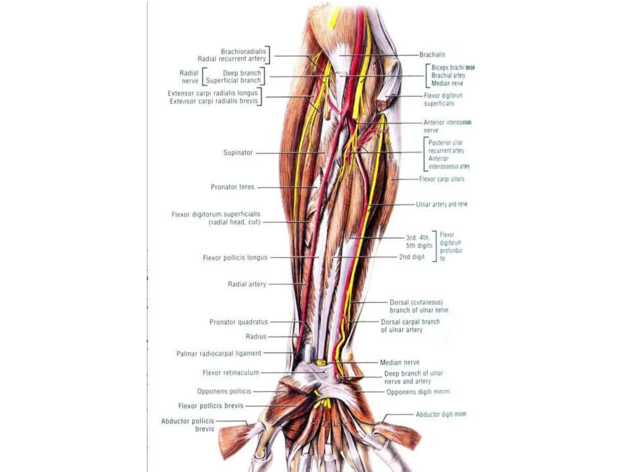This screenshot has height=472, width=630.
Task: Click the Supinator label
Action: pyautogui.click(x=238, y=153)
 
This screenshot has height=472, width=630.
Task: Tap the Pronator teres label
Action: pyautogui.click(x=232, y=187)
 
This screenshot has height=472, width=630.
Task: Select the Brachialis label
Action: pyautogui.click(x=432, y=55)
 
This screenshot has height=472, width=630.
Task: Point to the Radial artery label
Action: pyautogui.click(x=247, y=284)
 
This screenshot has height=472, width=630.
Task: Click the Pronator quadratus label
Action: pyautogui.click(x=238, y=322)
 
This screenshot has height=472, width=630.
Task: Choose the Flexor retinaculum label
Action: pyautogui.click(x=231, y=373)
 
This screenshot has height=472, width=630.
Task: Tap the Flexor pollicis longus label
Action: pyautogui.click(x=235, y=258)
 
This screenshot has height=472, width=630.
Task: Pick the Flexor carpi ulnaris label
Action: pyautogui.click(x=441, y=179)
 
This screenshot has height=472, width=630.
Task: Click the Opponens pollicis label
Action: pyautogui.click(x=224, y=391)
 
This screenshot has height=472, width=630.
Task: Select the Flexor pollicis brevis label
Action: pyautogui.click(x=211, y=406)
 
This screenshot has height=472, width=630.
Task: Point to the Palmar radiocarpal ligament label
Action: pyautogui.click(x=219, y=353)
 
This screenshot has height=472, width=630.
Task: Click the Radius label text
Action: pyautogui.click(x=256, y=336)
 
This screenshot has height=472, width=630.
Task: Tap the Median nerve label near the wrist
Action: pyautogui.click(x=400, y=363)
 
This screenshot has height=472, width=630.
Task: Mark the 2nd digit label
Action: pyautogui.click(x=412, y=257)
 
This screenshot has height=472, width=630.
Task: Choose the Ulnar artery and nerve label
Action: pyautogui.click(x=441, y=204)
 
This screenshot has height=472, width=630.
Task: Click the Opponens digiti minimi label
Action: pyautogui.click(x=418, y=392)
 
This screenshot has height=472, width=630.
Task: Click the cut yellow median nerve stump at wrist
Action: pyautogui.click(x=321, y=363)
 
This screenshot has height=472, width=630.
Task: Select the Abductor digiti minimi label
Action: pyautogui.click(x=441, y=414)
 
